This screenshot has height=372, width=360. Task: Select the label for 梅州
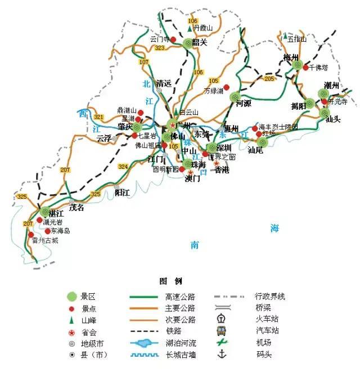coord(291,57)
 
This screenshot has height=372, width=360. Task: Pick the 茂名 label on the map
coord(76,207)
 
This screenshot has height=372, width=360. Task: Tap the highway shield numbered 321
coord(99,117)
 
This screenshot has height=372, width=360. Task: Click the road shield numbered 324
coord(123,167)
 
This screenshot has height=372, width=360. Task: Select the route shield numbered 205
coord(269,79)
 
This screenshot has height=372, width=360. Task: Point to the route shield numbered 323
coord(160,48)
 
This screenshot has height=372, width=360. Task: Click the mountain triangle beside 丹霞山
coord(190,28)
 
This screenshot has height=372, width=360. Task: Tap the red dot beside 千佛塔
coord(305,68)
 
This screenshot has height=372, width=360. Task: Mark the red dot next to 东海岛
coord(47,231)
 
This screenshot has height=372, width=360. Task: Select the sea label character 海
coord(274,228)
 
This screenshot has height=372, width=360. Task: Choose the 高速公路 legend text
coord(179,297)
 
